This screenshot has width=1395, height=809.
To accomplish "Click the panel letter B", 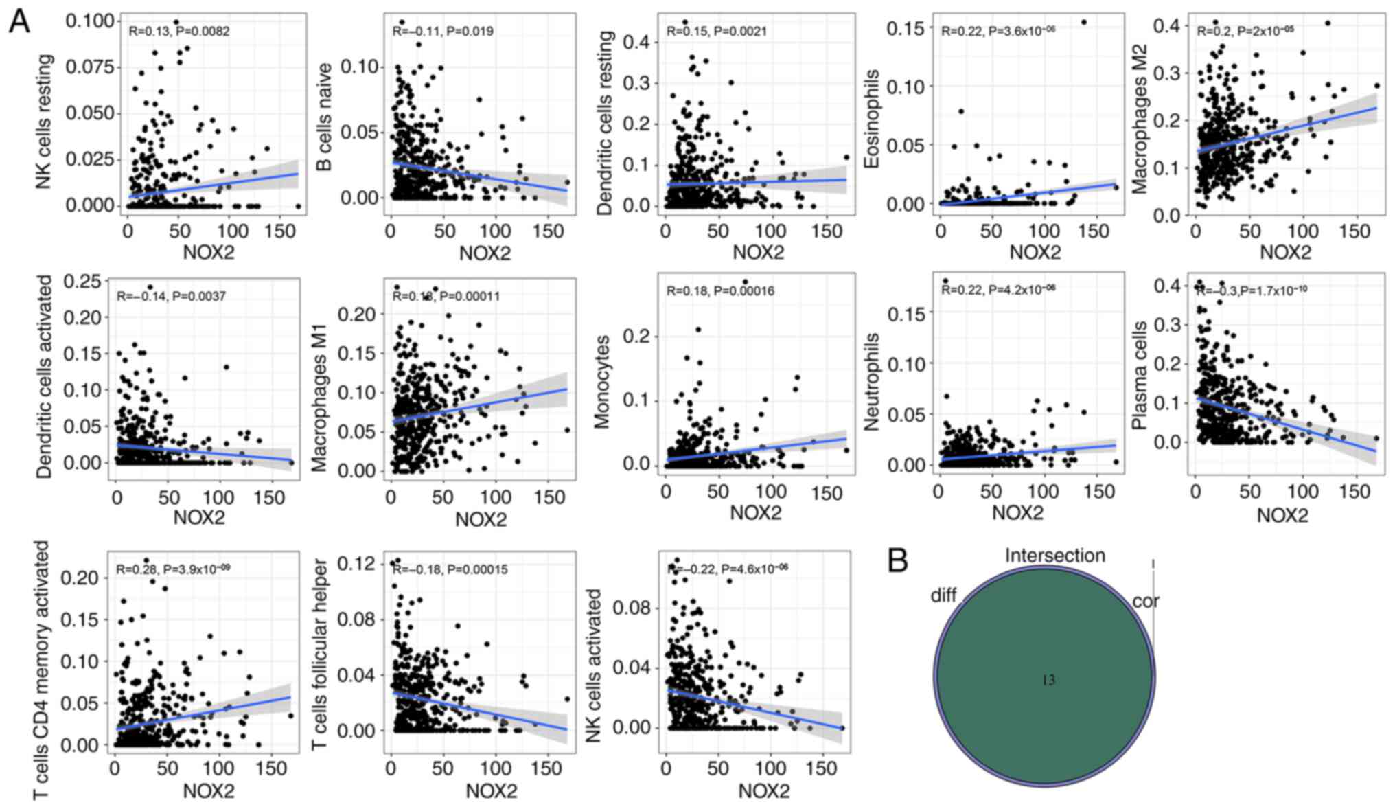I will click(x=898, y=560).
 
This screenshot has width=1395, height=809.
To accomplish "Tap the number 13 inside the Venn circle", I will click(x=1048, y=681).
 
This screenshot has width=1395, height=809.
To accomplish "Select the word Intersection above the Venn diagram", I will click(x=1055, y=556).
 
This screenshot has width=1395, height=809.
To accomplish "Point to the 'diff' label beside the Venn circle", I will click(x=943, y=595).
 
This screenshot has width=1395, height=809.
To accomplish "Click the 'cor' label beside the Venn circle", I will click(x=1145, y=602).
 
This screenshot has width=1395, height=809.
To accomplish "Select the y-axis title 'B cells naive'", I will click(x=324, y=117).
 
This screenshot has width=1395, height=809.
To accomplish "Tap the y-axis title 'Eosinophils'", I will click(x=872, y=118).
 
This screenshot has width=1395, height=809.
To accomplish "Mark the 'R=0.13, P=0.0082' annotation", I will click(x=179, y=32).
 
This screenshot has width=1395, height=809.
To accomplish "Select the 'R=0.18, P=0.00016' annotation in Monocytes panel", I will click(x=720, y=291).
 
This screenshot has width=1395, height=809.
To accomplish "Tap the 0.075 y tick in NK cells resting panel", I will click(x=91, y=67).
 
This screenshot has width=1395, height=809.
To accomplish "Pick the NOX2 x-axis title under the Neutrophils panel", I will click(x=1017, y=512).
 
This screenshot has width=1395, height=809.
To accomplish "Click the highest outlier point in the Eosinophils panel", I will click(x=1084, y=22).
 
